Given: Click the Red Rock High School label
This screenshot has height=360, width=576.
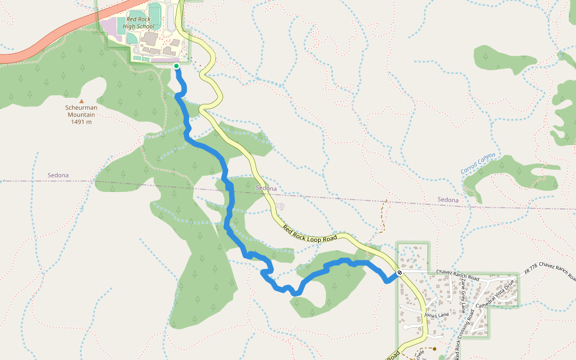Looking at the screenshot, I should (140, 23).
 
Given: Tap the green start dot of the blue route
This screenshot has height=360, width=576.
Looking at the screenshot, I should (176, 66).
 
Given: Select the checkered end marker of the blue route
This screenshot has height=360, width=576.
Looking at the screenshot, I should (400, 273).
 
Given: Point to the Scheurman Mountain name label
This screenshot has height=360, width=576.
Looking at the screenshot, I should (80, 111).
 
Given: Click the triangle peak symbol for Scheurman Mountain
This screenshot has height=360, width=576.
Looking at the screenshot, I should (82, 101).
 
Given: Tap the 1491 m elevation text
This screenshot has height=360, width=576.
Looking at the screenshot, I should (80, 122).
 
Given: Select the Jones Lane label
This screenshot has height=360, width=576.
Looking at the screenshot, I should (436, 315).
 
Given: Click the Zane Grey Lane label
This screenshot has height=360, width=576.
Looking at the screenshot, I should (463, 299).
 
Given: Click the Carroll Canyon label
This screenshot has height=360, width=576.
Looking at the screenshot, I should (478, 163).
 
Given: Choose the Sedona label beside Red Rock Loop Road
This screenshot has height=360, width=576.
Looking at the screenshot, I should (266, 188).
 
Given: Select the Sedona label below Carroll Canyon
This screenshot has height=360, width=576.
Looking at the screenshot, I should (448, 200).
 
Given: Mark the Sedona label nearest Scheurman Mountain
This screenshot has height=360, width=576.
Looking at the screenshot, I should (58, 175).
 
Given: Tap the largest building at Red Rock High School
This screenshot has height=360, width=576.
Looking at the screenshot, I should (149, 38).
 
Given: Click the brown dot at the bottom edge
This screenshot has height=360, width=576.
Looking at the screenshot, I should (434, 348).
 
